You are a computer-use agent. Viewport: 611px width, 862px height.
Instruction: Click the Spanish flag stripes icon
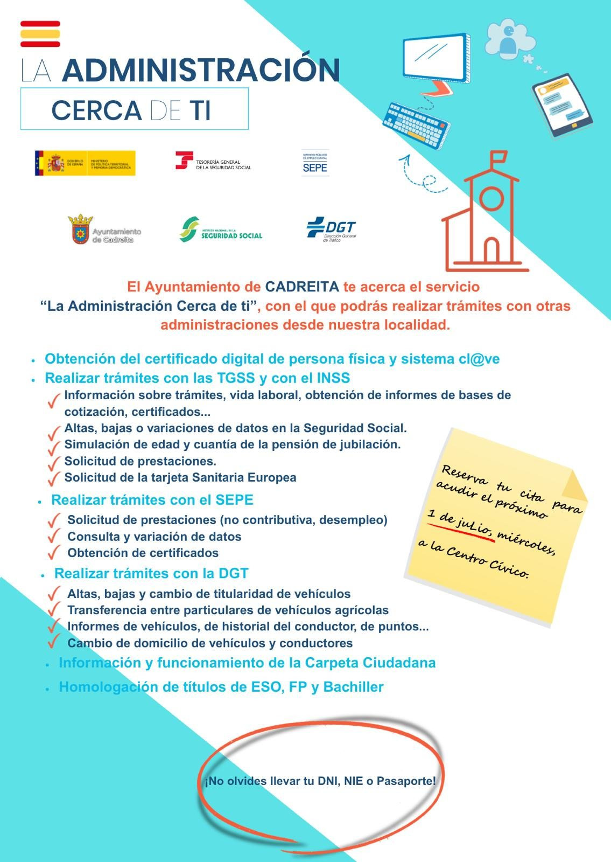[40, 34]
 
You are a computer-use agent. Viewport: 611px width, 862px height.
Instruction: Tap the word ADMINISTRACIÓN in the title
[201, 70]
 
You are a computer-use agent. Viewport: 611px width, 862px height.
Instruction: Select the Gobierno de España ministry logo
[85, 163]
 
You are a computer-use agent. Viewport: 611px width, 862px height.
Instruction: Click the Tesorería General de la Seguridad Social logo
[213, 161]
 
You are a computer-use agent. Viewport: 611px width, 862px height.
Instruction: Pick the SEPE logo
[315, 163]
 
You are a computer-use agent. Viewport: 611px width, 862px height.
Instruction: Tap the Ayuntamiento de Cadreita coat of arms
[80, 230]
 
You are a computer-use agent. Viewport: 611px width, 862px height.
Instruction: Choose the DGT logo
[331, 230]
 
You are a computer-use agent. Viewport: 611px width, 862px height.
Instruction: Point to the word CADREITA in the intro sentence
[301, 287]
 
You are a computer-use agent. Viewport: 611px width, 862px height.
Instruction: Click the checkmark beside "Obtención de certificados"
[53, 553]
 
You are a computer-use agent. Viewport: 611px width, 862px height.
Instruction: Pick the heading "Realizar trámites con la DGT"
[151, 574]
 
